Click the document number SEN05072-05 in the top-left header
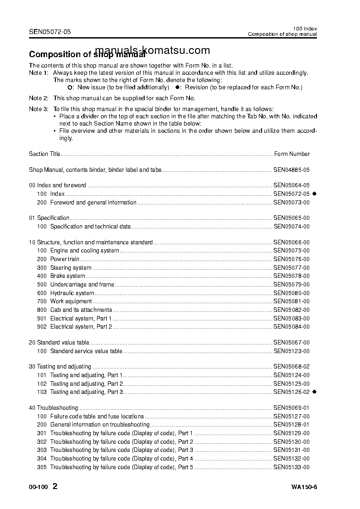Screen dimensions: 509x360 point(50,32)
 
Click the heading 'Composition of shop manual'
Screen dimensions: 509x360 point(87,54)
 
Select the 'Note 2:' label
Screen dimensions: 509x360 point(39,98)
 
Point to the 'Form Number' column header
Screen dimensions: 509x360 point(292,154)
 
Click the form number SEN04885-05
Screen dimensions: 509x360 point(292,170)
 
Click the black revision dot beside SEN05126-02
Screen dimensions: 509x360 point(315,392)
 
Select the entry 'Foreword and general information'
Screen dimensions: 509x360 point(93,202)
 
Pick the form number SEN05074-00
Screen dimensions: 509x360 point(292,226)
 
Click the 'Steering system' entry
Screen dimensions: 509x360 point(71,267)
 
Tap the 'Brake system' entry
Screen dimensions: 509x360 point(68,276)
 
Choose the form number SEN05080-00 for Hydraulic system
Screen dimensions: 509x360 point(292,293)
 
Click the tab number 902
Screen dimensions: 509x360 point(42,326)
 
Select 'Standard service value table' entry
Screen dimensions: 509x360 point(86,351)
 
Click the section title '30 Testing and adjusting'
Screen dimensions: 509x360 point(60,366)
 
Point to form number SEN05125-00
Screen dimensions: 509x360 point(292,383)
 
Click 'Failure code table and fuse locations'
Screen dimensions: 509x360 point(97,416)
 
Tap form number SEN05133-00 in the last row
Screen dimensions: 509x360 point(292,467)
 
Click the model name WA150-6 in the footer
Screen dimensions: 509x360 point(304,488)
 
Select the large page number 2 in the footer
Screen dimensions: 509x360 point(55,487)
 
